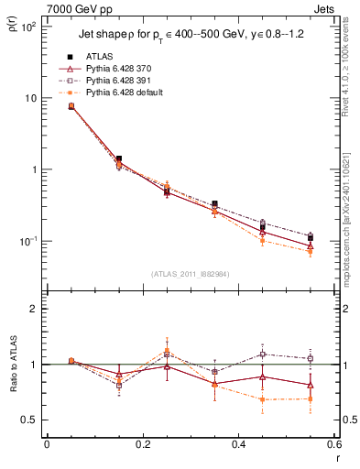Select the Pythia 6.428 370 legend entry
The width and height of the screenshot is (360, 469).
120,69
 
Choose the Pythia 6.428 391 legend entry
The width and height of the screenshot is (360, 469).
120,81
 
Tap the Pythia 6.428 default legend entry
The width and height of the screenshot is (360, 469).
125,93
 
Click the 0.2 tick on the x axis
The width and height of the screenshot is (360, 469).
142,445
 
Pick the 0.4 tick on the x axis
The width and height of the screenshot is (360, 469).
238,445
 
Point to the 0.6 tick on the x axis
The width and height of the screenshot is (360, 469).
333,445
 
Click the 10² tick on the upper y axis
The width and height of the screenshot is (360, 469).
29,27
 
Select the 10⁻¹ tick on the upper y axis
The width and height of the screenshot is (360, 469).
29,241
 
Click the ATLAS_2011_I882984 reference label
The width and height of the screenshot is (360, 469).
190,274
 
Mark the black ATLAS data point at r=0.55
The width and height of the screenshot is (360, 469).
311,238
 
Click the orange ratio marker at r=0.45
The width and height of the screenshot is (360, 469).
263,399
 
